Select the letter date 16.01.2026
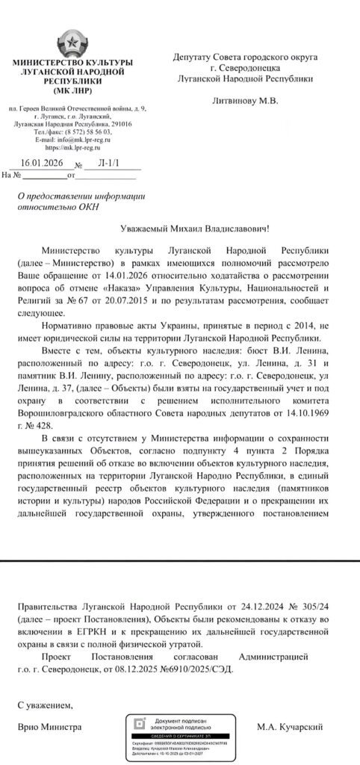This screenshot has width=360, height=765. coord(41,163)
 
